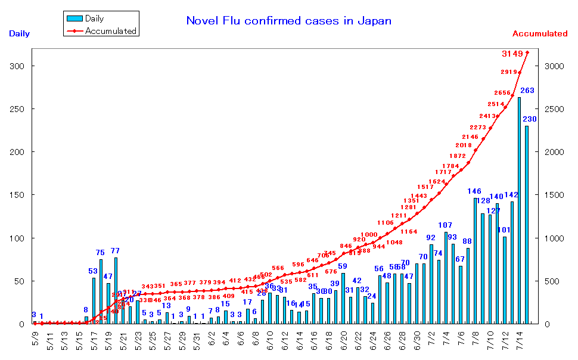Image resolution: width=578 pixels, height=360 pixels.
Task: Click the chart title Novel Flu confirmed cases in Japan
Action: coord(289,21)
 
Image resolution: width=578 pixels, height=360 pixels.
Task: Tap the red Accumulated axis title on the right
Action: coord(540,34)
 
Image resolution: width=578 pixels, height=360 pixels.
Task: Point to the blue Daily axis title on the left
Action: coord(19,34)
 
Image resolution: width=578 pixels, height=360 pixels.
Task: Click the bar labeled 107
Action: coord(446,278)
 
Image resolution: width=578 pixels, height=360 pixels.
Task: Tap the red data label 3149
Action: coord(512,54)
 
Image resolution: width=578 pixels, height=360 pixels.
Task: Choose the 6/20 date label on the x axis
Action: coord(343,342)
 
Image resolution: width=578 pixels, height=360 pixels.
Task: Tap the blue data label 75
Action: coord(100,253)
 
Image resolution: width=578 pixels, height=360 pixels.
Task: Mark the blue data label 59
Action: coord(343,266)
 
